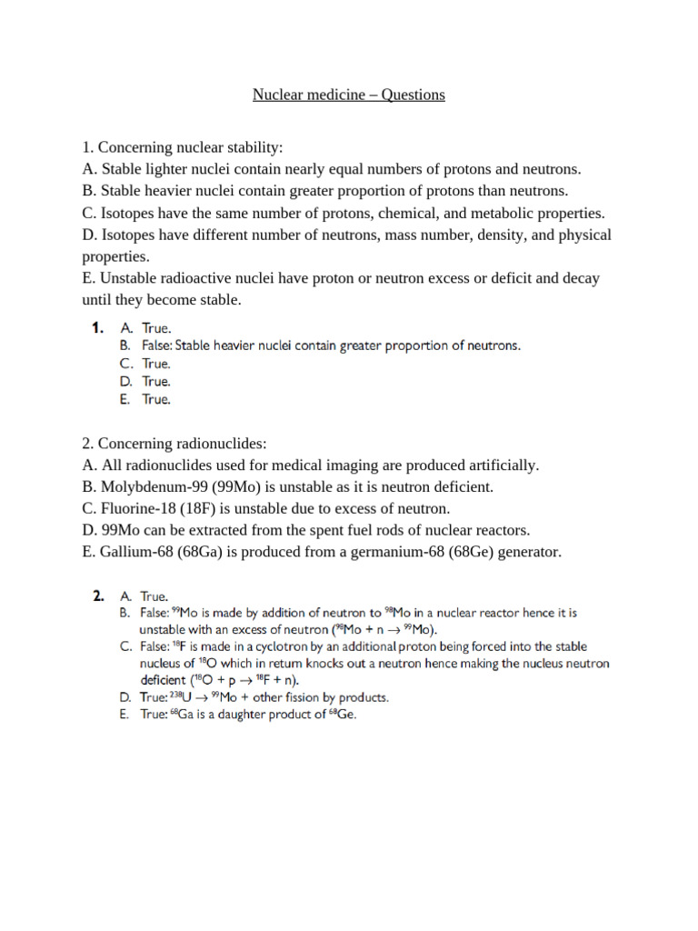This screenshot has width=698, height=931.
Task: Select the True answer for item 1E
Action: click(156, 399)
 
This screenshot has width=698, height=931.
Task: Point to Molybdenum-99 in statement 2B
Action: click(146, 486)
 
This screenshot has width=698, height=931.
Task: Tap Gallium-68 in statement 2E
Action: click(135, 552)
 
